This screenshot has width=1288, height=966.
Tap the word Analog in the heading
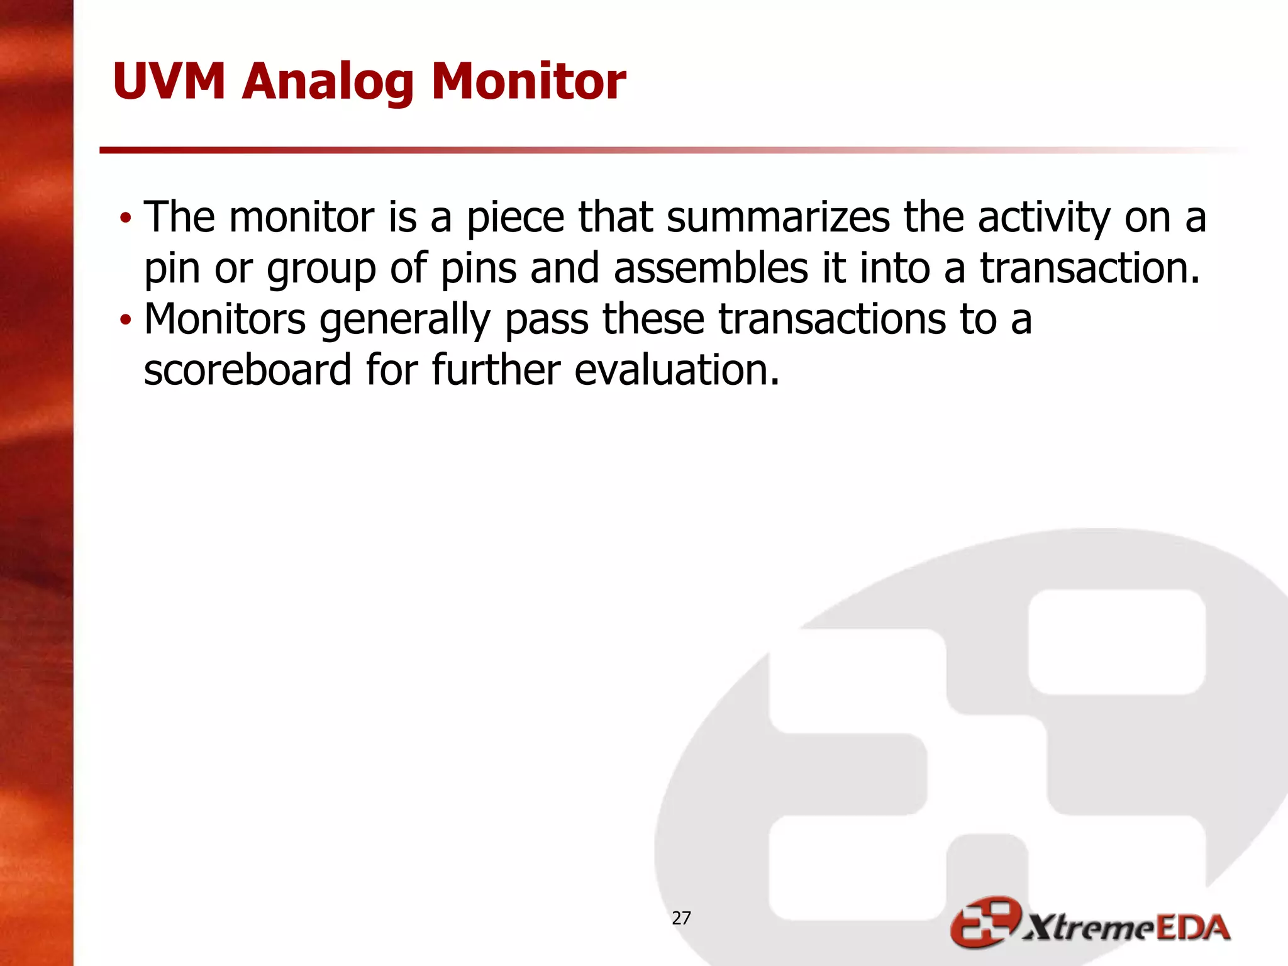[x=327, y=83]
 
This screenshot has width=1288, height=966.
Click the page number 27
[x=681, y=918]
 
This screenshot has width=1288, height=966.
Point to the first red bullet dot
[x=126, y=218]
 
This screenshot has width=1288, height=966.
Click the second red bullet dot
[x=126, y=320]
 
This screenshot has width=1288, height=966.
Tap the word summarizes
[x=778, y=218]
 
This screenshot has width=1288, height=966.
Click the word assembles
[x=711, y=268]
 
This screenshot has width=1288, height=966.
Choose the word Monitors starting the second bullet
[x=225, y=319]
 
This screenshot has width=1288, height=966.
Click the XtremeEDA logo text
[x=1126, y=928]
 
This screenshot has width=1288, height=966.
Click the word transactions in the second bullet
[x=832, y=319]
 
